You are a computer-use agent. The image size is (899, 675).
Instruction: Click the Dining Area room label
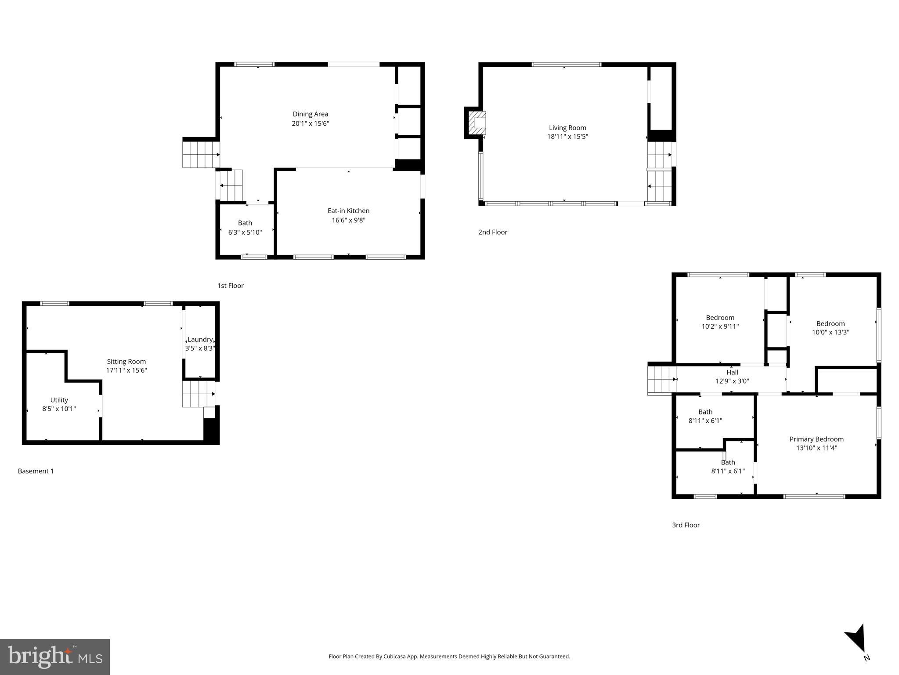[310, 114]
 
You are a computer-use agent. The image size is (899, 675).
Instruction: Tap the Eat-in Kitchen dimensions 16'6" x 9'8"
[348, 220]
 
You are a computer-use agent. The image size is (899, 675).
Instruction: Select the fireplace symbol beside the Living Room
[477, 123]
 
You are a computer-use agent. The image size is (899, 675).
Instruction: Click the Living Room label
[567, 128]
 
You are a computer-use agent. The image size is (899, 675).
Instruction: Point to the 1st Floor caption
[230, 286]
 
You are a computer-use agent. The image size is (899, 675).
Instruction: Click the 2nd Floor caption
[492, 232]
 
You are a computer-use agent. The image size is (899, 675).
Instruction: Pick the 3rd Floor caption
[686, 525]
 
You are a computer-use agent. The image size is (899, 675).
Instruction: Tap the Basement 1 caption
[36, 471]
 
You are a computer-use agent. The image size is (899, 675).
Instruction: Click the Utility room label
[59, 400]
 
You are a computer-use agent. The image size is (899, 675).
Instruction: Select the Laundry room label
[200, 340]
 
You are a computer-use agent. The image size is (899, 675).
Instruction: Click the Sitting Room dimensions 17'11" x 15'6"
[126, 370]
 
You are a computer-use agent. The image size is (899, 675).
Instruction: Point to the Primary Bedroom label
[816, 439]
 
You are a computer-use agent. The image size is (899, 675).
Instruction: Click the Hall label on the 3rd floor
[732, 372]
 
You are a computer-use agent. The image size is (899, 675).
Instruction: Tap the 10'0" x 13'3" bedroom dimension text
[830, 332]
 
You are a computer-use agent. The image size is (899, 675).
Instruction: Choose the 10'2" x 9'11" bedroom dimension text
[720, 327]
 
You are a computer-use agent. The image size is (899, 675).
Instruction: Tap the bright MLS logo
[54, 657]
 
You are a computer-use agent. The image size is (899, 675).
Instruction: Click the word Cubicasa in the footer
[394, 657]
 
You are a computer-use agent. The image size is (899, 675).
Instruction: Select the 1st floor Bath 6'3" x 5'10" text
[245, 232]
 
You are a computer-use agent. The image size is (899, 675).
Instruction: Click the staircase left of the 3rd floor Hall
[661, 379]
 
